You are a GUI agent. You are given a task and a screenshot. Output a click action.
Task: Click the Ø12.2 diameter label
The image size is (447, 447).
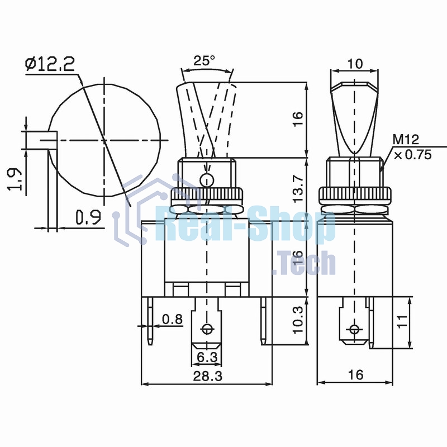pos(50,65)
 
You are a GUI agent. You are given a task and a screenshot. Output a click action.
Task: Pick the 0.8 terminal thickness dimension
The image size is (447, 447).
pos(172,319)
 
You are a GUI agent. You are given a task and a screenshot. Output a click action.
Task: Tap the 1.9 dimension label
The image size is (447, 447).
pos(16,180)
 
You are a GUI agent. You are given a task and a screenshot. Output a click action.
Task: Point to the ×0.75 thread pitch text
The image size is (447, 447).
pos(412,155)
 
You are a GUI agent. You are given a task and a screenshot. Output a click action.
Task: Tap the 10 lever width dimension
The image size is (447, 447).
pos(354,64)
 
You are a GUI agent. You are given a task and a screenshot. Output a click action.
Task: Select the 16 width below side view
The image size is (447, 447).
pos(354,374)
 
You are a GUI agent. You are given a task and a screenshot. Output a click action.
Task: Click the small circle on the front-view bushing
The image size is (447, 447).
pos(207,180)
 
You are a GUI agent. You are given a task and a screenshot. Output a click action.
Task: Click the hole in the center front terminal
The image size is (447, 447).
pos(208,329)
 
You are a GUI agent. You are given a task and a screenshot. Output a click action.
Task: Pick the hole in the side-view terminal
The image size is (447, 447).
pos(353,329)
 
